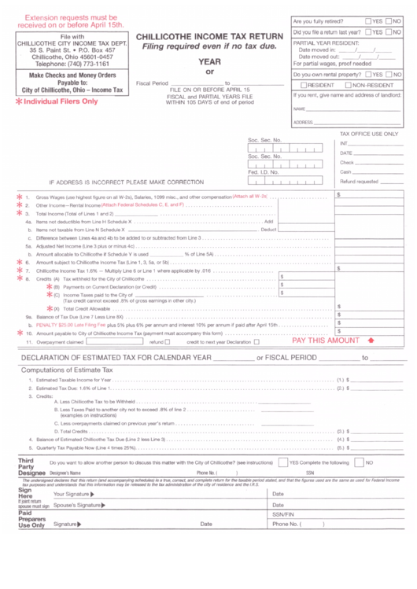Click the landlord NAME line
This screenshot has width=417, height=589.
tap(354, 109)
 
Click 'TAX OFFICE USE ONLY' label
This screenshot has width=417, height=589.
tap(371, 134)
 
